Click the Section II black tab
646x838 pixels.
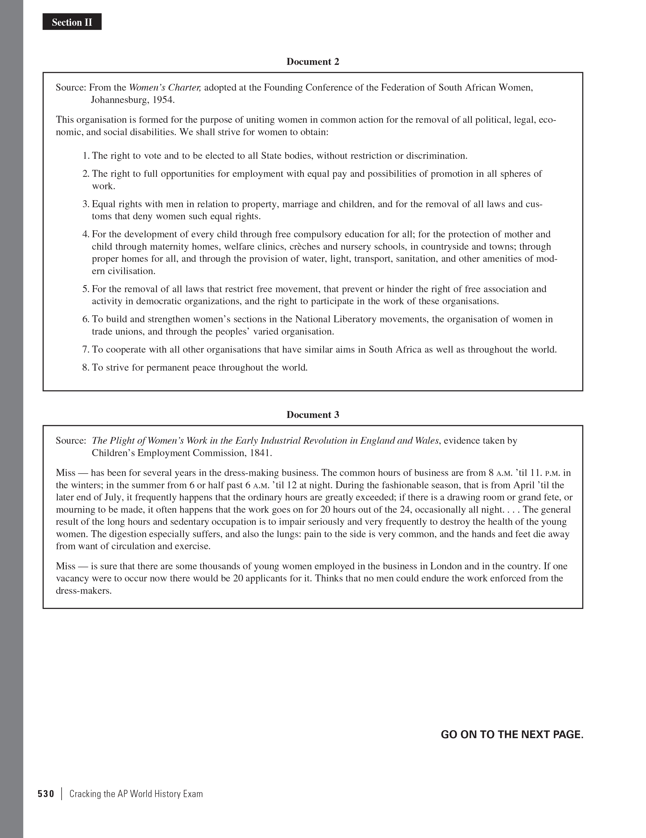pyautogui.click(x=72, y=22)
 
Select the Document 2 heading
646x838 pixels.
pyautogui.click(x=313, y=62)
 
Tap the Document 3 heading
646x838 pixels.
pyautogui.click(x=313, y=415)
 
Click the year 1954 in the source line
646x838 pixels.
pyautogui.click(x=163, y=100)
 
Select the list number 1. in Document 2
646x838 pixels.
pyautogui.click(x=86, y=156)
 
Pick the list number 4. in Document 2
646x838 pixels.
pyautogui.click(x=86, y=234)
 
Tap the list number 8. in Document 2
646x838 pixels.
pyautogui.click(x=86, y=368)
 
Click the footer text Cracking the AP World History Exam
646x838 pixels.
pyautogui.click(x=136, y=794)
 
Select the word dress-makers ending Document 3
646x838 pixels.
pyautogui.click(x=83, y=591)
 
